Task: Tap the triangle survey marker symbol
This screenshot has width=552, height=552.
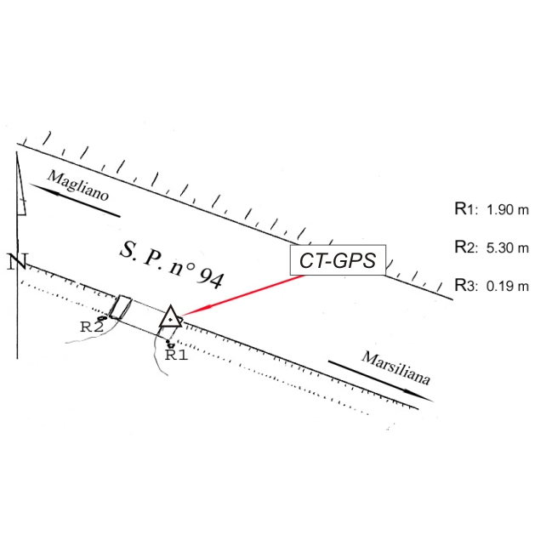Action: [171, 317]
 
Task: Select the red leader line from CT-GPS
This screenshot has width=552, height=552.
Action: [242, 294]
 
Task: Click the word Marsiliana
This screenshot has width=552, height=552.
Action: [396, 369]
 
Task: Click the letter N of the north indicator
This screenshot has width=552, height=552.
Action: [15, 262]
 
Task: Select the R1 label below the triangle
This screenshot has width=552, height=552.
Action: [175, 356]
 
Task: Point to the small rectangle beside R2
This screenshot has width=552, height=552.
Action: [121, 307]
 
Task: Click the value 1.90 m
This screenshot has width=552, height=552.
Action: [508, 210]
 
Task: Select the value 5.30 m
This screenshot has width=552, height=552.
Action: [508, 248]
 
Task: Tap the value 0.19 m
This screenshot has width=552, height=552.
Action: [508, 287]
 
